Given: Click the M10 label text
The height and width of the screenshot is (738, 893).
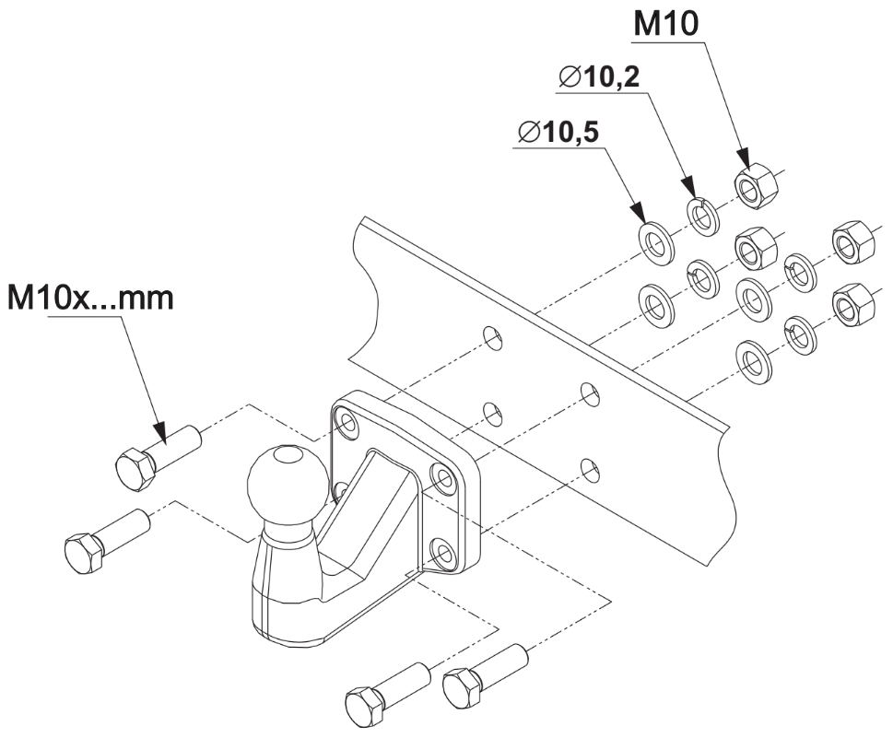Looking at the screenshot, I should pos(664,25).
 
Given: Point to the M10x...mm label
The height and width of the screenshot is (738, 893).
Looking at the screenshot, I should pos(89,299).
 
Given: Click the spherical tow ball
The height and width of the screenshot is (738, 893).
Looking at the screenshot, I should pos(288,479).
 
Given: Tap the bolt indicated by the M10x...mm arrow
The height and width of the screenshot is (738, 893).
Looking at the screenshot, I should pos(159,453).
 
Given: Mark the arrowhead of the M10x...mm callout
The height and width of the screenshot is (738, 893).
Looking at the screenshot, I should pos(162,434).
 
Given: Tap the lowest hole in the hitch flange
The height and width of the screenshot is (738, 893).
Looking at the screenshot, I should pos(447,555).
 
